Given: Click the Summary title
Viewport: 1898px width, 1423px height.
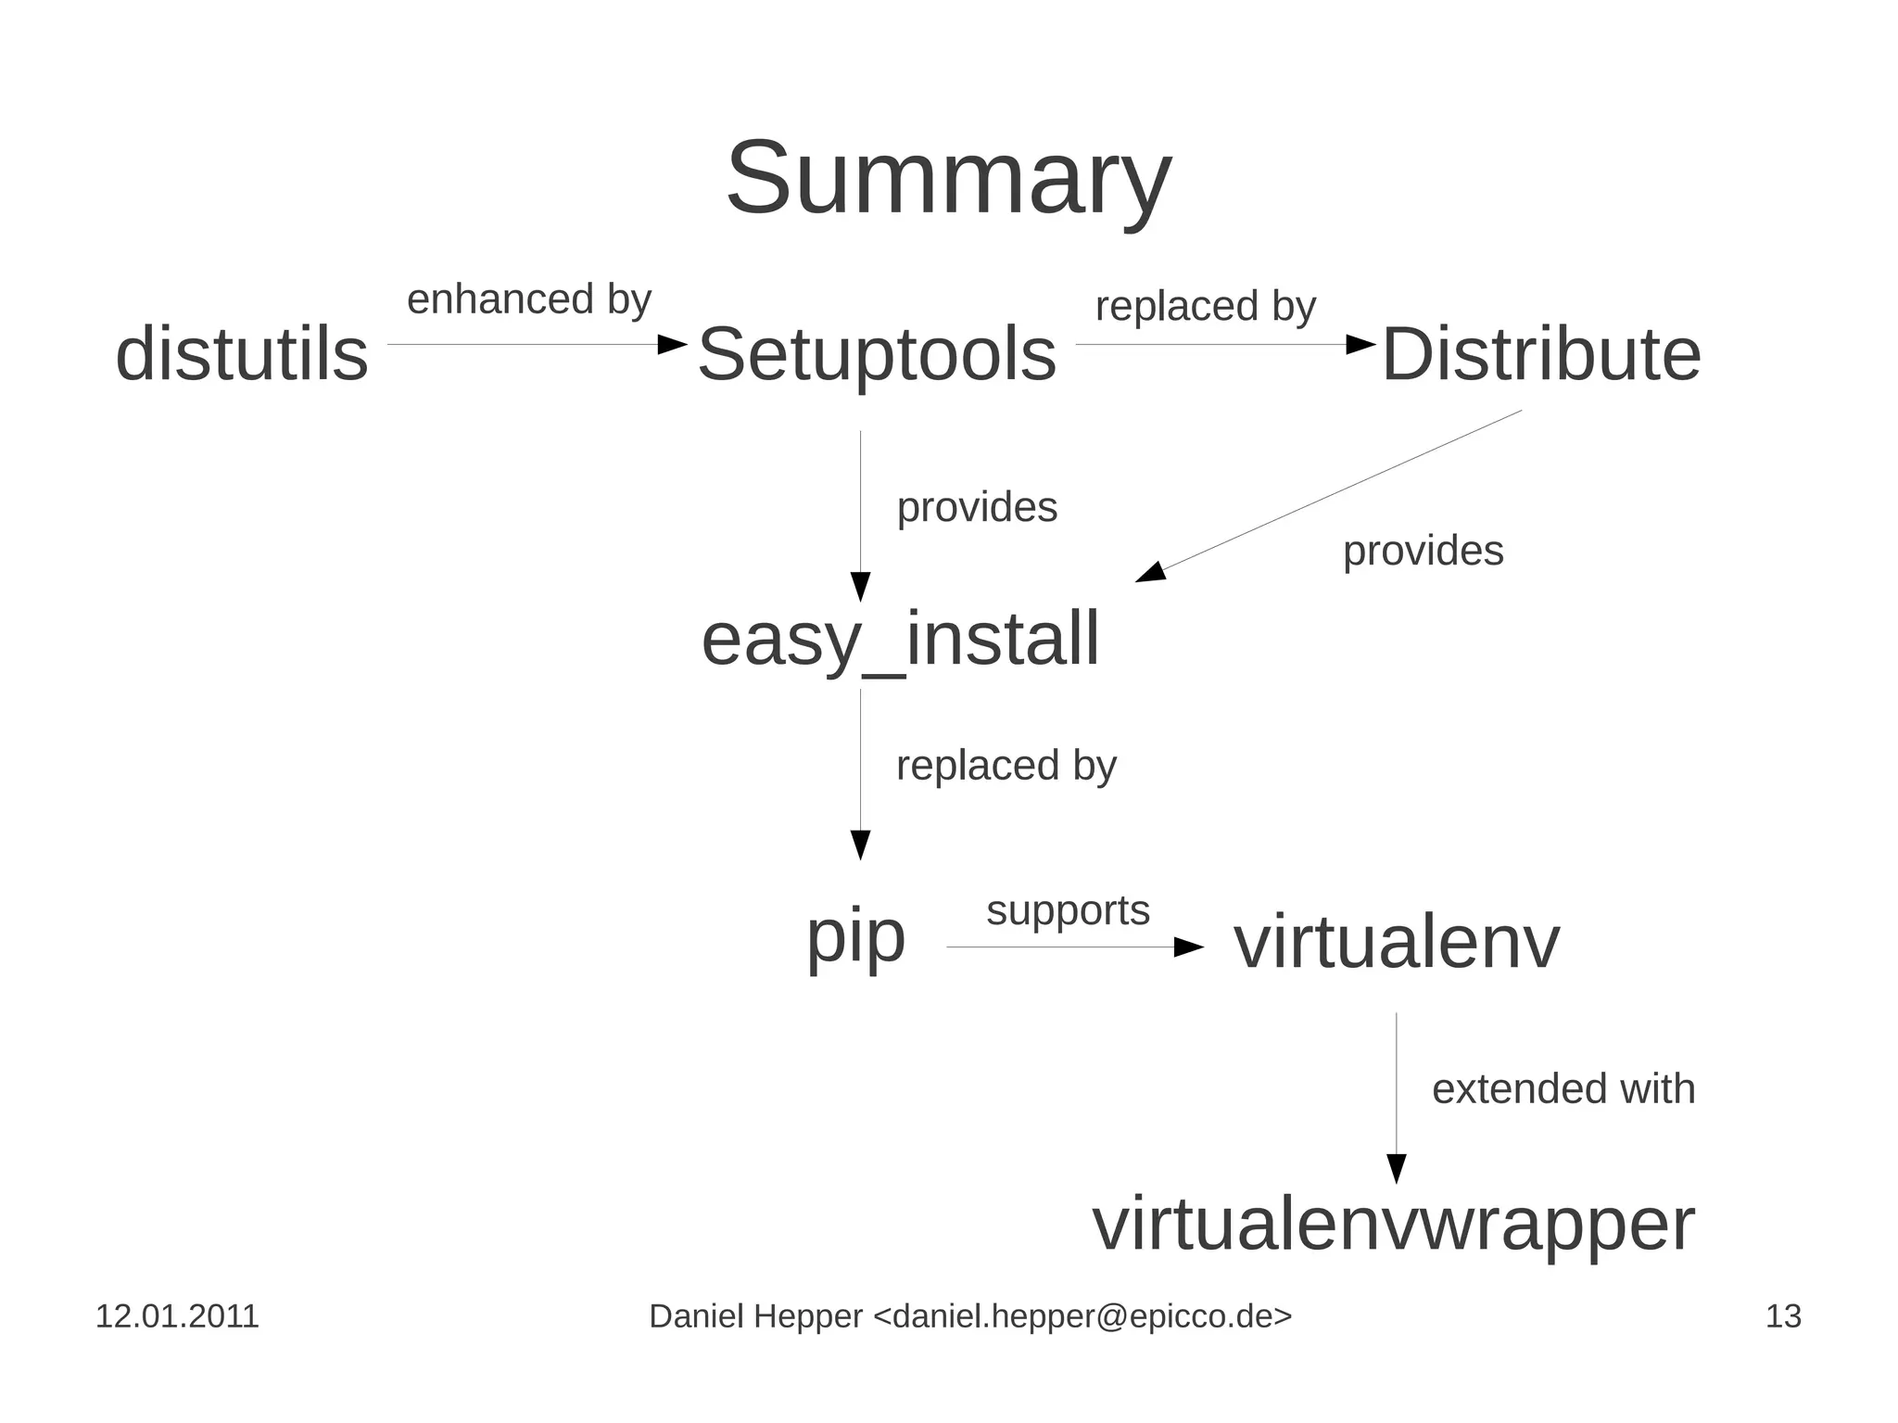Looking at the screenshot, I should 948,178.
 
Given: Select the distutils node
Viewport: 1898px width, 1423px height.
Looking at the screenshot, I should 242,354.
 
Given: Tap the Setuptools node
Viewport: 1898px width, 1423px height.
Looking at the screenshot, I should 877,354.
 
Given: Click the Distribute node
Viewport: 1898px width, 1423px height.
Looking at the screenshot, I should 1541,354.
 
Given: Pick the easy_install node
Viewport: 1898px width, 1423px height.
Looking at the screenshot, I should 900,640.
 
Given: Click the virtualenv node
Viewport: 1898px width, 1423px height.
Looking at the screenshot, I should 1396,943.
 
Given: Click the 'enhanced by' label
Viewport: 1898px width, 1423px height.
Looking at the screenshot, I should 529,299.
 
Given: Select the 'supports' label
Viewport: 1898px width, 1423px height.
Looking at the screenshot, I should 1068,910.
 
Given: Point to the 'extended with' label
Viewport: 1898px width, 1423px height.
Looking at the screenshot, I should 1563,1088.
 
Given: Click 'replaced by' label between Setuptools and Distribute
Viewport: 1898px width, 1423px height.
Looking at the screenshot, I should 1205,307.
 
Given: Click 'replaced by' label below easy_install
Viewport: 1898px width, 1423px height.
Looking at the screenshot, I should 1006,766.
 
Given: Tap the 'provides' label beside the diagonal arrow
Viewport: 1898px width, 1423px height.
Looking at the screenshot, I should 1423,551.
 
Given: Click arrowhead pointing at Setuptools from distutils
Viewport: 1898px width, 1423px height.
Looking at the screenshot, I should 672,345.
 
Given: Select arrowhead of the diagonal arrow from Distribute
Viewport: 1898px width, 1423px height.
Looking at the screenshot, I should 1150,573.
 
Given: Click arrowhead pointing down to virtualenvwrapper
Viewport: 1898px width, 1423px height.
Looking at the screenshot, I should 1397,1168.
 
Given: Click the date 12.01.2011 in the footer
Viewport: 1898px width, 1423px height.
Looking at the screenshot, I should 177,1316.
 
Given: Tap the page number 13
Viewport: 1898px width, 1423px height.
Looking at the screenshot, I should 1783,1316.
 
